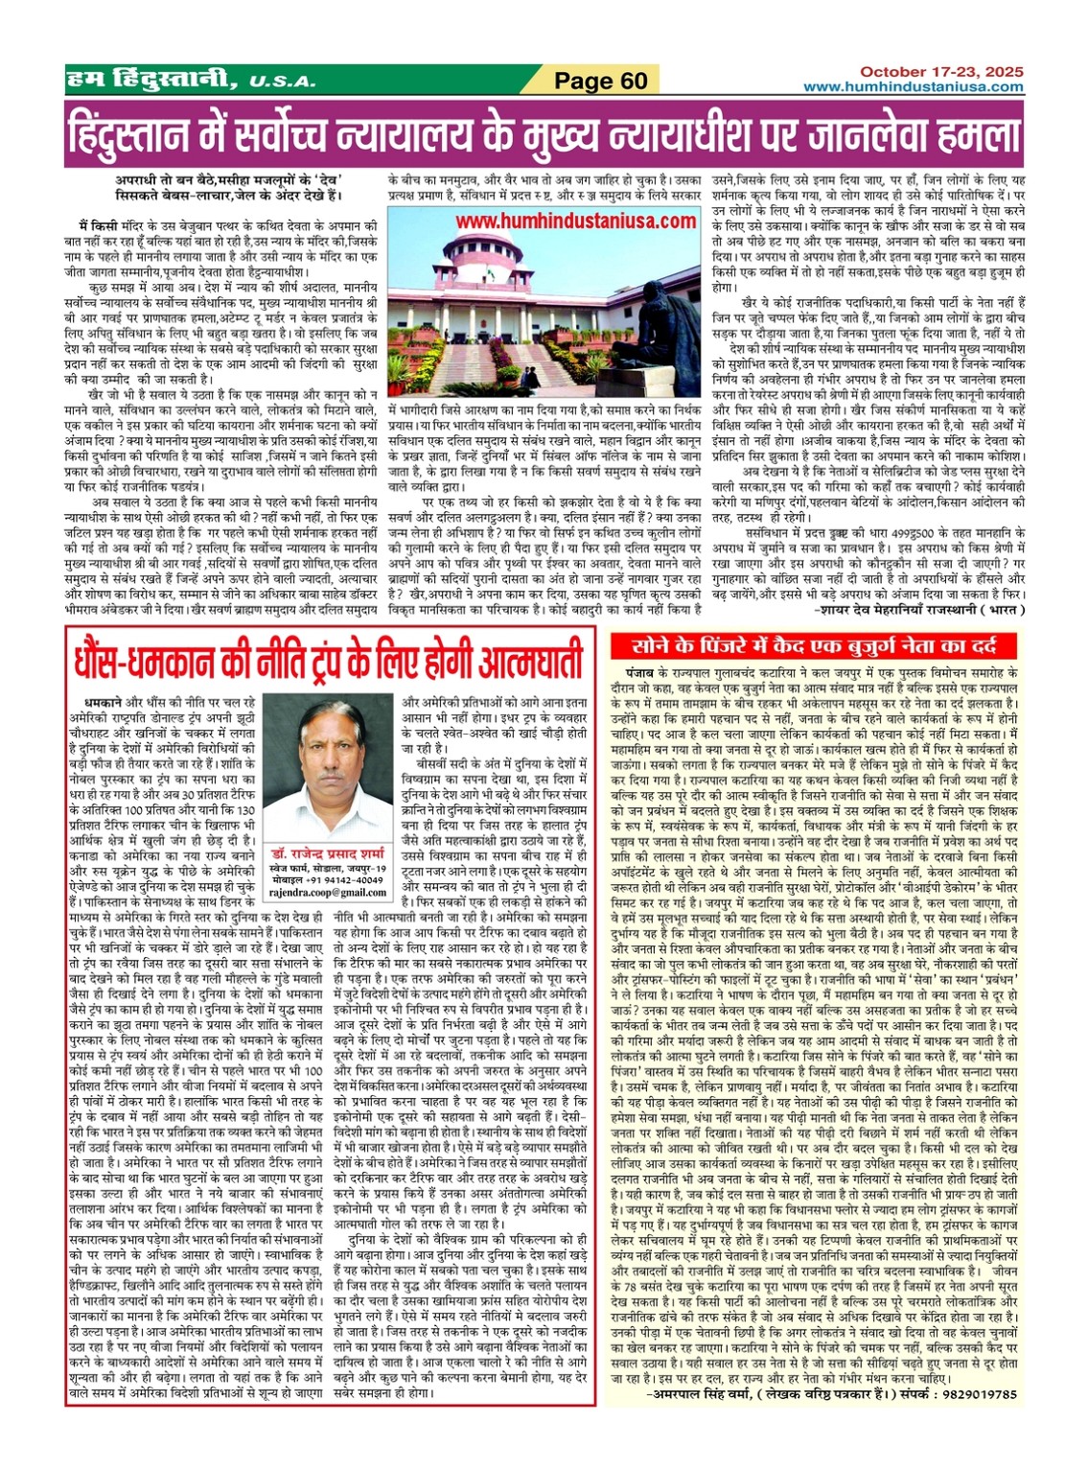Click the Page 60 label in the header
(601, 81)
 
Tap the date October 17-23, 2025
(940, 72)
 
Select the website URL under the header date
(913, 87)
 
